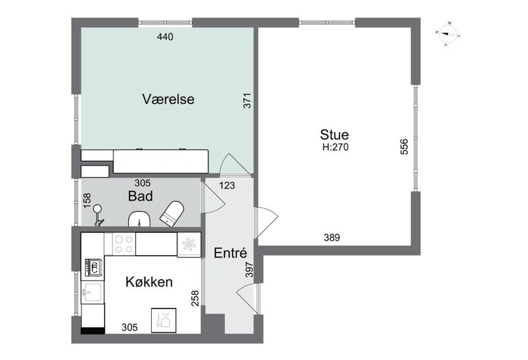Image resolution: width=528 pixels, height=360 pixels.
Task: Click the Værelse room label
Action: [x=168, y=100]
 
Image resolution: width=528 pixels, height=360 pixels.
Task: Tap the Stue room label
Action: [x=334, y=135]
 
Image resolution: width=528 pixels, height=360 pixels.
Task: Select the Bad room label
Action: [x=140, y=197]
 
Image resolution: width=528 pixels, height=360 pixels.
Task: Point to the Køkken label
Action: [x=149, y=282]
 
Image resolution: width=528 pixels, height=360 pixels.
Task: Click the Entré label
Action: [x=230, y=253]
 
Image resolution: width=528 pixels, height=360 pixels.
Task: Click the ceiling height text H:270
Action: [x=335, y=147]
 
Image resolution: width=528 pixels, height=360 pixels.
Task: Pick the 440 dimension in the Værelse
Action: [x=165, y=37]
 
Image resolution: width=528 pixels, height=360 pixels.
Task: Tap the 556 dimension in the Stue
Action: [x=404, y=147]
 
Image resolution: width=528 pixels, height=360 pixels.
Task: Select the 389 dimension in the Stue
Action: [x=332, y=237]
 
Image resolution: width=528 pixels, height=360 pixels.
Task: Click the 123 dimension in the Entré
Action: [x=227, y=185]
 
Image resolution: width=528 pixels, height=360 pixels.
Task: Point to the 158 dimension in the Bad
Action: [x=87, y=201]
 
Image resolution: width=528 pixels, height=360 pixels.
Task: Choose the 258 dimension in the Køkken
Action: [x=195, y=299]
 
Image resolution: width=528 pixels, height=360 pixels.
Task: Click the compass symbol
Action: [x=448, y=34]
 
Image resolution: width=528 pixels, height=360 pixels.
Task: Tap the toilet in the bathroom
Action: [x=172, y=213]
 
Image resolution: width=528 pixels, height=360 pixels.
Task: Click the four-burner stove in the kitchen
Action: [x=123, y=244]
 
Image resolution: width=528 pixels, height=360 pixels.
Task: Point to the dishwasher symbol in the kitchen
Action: [x=163, y=319]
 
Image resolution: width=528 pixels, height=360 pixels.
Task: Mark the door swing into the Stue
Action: [x=266, y=222]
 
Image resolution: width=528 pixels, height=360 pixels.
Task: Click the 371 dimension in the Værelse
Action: [x=247, y=101]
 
